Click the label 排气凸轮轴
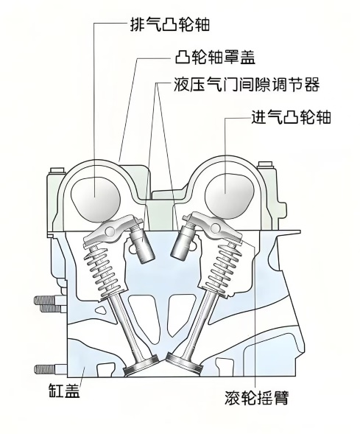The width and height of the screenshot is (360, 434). [170, 24]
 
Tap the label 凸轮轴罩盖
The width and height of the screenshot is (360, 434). [215, 57]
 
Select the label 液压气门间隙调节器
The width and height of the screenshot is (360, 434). [247, 84]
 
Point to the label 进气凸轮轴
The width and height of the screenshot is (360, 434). [291, 117]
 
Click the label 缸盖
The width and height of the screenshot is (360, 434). [65, 390]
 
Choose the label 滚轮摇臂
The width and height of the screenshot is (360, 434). [257, 397]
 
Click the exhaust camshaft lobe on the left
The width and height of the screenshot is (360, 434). [96, 199]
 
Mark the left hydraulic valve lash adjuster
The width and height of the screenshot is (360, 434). [142, 243]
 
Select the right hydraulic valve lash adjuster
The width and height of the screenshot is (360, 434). [182, 242]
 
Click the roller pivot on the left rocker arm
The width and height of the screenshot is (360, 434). [110, 231]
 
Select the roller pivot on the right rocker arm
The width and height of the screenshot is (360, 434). [216, 228]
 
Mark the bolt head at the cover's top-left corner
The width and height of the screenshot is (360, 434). [57, 170]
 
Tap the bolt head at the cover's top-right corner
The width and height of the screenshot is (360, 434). [265, 166]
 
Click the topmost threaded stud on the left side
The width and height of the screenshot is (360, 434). [51, 300]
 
